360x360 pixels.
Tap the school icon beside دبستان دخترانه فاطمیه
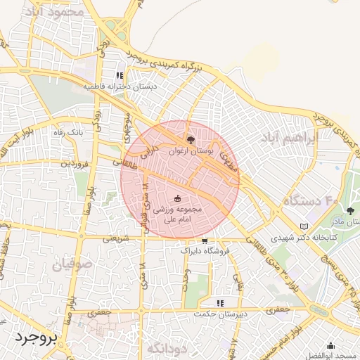point(120,75)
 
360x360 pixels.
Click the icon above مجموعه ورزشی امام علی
point(177,198)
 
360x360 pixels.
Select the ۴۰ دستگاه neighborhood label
point(311,202)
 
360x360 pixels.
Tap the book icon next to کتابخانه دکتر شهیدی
point(304,226)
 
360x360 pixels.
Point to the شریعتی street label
point(116,238)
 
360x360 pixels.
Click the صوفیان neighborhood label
point(70,264)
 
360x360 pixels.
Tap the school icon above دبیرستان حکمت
point(221,303)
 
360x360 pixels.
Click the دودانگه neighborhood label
point(167,348)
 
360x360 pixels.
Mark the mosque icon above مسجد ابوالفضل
point(330,345)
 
